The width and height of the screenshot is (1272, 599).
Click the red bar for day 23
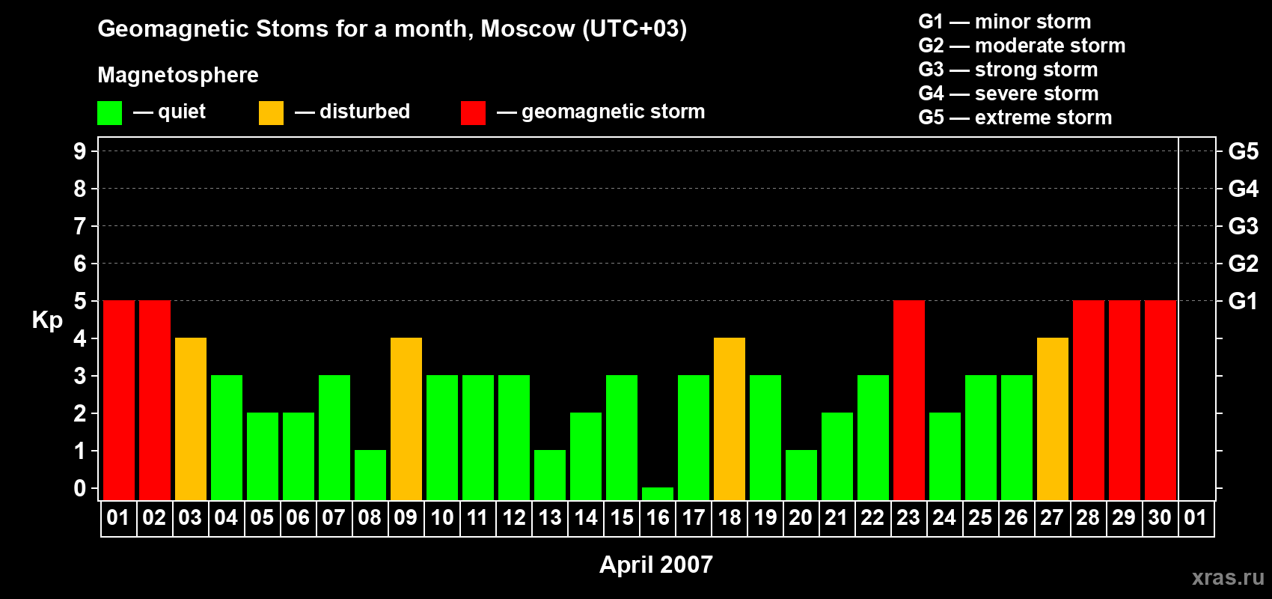(909, 400)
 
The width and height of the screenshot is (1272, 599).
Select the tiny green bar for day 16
(658, 494)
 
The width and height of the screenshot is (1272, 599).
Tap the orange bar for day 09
(406, 419)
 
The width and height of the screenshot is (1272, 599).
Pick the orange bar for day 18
(730, 419)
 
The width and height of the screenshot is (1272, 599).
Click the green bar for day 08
(370, 475)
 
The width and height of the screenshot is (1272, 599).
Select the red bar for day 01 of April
(119, 400)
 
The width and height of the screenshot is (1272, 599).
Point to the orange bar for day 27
(1053, 419)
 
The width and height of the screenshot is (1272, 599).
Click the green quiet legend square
(109, 112)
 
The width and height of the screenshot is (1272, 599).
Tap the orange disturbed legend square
(271, 112)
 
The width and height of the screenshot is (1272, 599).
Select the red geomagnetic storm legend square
(473, 112)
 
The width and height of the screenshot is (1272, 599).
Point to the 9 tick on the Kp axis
(79, 151)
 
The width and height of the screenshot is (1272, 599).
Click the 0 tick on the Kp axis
(79, 488)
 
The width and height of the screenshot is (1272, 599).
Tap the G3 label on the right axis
(1243, 226)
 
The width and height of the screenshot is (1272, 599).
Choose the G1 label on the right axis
(1243, 301)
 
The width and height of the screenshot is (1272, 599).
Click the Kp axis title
(47, 320)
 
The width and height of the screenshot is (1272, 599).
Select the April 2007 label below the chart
(656, 565)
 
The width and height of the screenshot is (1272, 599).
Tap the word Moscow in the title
(528, 29)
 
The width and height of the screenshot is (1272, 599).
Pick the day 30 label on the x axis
(1160, 517)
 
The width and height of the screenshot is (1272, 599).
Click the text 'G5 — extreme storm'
(1015, 118)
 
